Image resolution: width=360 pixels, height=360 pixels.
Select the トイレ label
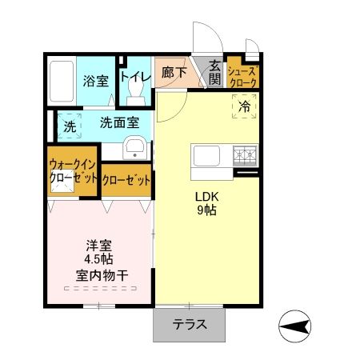click(x=135, y=77)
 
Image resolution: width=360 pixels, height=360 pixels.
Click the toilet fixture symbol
click(x=137, y=94)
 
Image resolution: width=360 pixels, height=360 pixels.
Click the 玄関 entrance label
click(x=215, y=71)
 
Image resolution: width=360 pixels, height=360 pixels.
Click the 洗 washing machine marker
click(x=70, y=126)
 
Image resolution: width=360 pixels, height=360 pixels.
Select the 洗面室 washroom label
click(x=120, y=124)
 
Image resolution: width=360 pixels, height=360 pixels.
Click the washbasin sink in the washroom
click(x=135, y=146)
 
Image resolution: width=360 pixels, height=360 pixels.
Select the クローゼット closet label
click(x=126, y=180)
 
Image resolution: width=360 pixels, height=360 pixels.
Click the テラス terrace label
click(x=190, y=325)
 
